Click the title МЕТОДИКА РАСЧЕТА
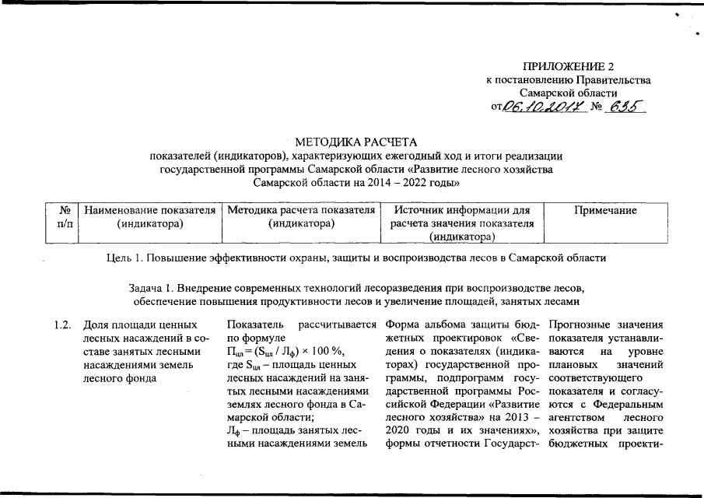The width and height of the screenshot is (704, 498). coord(356,142)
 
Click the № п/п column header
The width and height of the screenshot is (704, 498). coord(65,217)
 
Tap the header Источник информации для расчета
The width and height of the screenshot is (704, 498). coord(461,217)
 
